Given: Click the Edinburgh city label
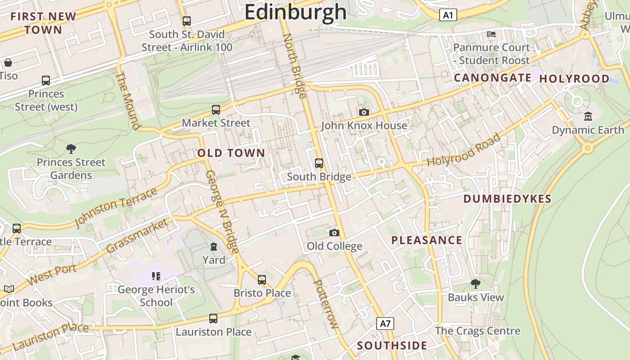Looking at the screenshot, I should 296,12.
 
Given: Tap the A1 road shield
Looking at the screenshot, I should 448,15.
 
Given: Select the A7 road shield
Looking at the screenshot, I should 385,324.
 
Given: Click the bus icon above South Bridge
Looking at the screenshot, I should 319,163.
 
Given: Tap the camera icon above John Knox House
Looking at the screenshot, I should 364,112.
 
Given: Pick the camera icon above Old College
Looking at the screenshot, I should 334,233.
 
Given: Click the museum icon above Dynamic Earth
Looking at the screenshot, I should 588,117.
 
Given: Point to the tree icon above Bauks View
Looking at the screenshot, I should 475,283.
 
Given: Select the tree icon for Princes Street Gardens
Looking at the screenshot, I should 71,148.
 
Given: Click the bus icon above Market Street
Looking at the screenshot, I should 216,109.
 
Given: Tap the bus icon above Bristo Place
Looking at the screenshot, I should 262,279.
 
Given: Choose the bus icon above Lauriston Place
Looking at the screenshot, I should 213,319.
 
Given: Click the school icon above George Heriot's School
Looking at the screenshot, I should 156,276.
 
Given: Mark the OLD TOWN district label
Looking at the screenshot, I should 231,153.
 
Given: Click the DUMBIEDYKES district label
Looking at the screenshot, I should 507,199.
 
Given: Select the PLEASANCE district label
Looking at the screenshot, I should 427,240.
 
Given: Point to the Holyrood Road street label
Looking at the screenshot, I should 463,150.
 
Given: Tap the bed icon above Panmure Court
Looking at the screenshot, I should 491,34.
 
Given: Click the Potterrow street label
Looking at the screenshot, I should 325,304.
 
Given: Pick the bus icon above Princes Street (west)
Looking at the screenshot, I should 46,81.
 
